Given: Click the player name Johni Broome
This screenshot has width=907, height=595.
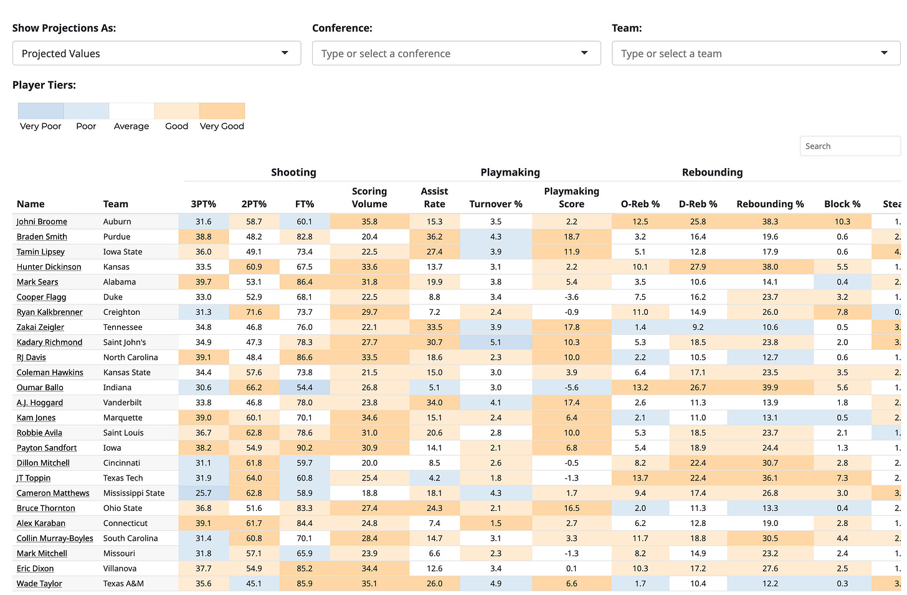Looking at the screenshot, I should click(x=42, y=222).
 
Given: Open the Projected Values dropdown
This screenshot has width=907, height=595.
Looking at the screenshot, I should click(x=156, y=54).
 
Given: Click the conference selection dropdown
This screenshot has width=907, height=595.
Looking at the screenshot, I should click(x=456, y=54).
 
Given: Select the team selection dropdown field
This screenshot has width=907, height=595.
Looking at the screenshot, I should click(x=756, y=54).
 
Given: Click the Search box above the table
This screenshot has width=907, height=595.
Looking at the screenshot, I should click(x=850, y=146).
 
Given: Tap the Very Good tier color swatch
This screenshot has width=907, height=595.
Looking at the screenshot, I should click(x=222, y=111).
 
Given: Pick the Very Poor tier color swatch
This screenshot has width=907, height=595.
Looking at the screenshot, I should click(x=40, y=111).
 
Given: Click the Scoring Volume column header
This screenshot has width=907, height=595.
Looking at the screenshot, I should click(x=369, y=197).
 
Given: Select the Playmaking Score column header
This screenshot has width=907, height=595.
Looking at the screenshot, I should click(x=571, y=197).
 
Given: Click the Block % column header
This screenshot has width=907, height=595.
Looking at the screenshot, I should click(x=842, y=204).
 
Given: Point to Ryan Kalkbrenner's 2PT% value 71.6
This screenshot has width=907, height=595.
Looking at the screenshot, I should click(x=254, y=312).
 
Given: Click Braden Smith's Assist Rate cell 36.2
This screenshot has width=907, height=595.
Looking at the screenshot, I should click(x=434, y=237).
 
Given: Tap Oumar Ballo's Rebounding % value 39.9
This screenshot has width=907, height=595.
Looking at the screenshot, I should click(x=770, y=387).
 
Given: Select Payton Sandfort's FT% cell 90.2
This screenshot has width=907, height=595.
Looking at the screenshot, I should click(x=305, y=447).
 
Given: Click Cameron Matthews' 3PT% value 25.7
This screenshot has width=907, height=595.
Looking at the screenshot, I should click(x=204, y=493).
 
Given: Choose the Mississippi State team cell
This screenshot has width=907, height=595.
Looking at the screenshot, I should click(x=134, y=493).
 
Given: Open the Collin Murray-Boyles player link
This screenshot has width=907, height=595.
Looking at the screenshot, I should click(x=55, y=538).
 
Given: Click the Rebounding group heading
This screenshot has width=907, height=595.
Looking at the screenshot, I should click(x=712, y=172).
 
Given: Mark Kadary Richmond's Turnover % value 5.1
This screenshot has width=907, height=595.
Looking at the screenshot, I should click(x=496, y=342).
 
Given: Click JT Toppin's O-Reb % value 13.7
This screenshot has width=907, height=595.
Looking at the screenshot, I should click(x=640, y=478).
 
